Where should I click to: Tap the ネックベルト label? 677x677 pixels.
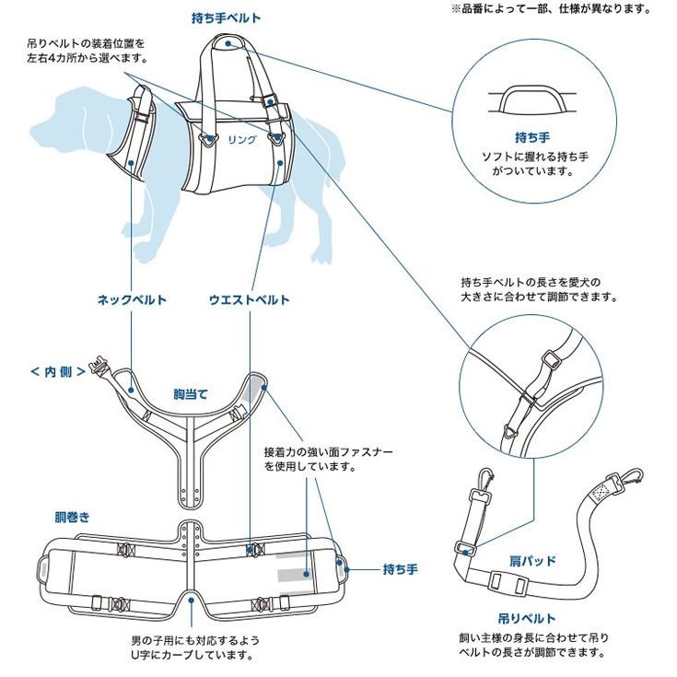[133, 299]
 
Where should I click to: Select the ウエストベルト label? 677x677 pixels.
[249, 299]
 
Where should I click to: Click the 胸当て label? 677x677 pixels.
[191, 393]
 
